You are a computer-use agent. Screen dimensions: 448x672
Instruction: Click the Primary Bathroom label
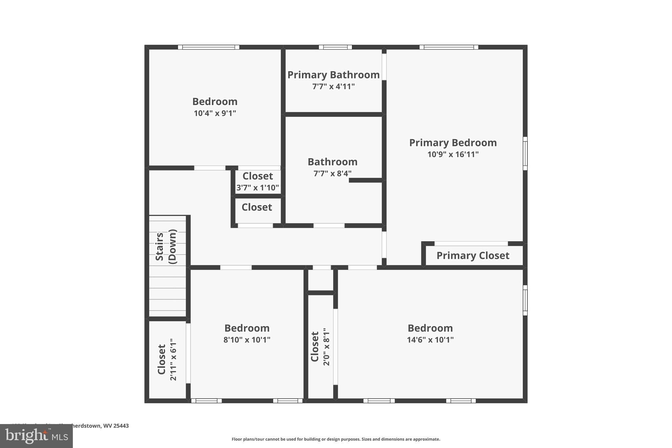[x=333, y=75]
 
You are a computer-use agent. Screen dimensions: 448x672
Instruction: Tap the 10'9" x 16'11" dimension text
[x=453, y=154]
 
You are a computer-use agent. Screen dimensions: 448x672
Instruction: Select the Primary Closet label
[x=473, y=255]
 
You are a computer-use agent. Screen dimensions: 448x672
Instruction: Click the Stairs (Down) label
[x=166, y=246]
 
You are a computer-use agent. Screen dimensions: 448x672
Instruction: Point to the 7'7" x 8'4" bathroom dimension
[x=332, y=173]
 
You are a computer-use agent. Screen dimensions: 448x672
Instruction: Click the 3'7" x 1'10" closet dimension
[x=258, y=188]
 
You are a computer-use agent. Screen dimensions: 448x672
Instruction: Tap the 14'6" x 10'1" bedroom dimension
[x=430, y=340]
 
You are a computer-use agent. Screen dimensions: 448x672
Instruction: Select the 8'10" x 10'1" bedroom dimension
[x=247, y=340]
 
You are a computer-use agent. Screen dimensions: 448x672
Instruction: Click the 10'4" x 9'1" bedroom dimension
[x=215, y=113]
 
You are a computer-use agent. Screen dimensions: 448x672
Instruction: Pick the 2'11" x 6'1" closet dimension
[x=173, y=360]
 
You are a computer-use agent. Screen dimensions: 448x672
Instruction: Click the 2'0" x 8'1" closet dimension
[x=326, y=347]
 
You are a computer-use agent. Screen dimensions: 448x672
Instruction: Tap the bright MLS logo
[x=36, y=436]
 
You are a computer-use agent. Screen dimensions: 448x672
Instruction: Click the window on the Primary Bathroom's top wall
[x=335, y=47]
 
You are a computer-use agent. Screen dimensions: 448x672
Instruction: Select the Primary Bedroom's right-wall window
[x=525, y=154]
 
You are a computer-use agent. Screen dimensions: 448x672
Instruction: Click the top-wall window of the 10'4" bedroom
[x=208, y=47]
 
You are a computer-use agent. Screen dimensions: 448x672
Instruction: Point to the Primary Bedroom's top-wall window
[x=449, y=47]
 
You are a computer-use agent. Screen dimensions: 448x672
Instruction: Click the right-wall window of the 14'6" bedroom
[x=525, y=300]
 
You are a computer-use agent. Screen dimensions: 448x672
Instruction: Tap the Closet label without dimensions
[x=257, y=207]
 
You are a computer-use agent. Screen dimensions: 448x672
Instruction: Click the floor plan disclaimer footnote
[x=336, y=439]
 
